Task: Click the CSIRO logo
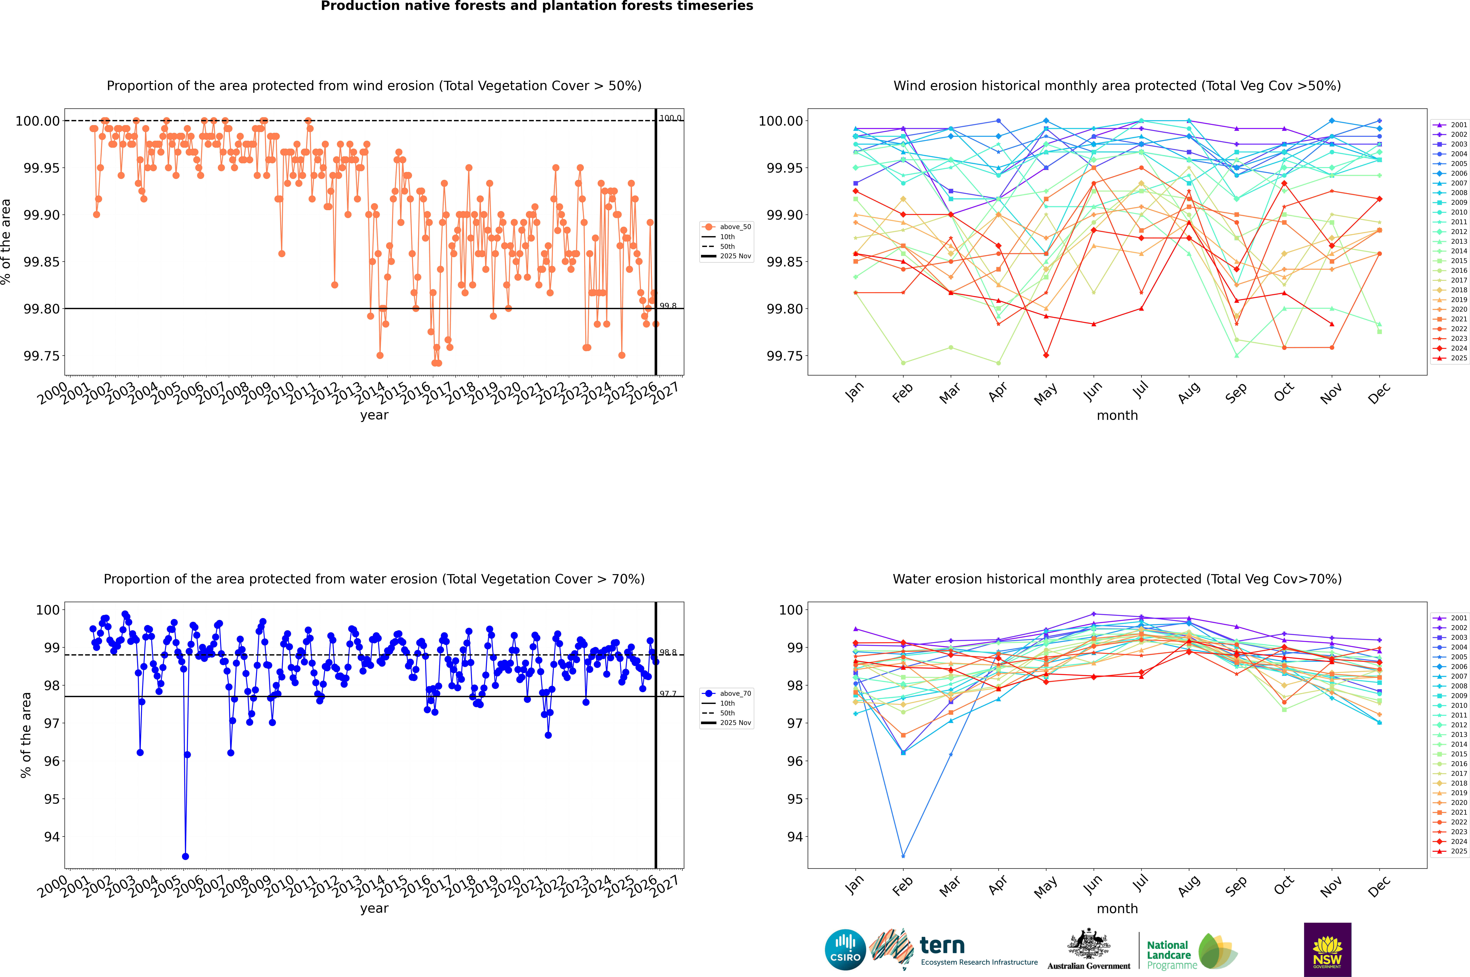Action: (x=845, y=950)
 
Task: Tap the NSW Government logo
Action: (x=1327, y=950)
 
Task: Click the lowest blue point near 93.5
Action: (x=185, y=856)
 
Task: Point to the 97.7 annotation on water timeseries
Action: (x=668, y=694)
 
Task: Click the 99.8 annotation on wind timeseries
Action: (x=668, y=306)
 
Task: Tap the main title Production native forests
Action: (x=537, y=6)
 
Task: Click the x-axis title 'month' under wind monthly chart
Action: (x=1117, y=416)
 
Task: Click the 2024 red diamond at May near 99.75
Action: (x=1046, y=355)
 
